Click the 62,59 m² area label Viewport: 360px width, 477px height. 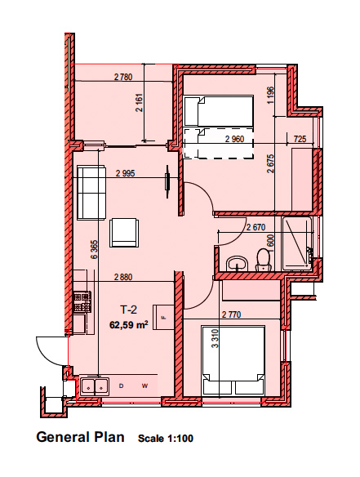point(129,324)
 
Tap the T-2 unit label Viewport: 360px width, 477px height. point(129,310)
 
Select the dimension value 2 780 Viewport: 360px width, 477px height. point(123,77)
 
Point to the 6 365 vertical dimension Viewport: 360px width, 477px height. point(95,249)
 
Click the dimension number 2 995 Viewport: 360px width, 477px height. point(125,173)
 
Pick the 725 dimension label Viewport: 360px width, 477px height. point(300,139)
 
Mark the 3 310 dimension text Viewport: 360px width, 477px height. point(216,338)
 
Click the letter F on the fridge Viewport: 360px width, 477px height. point(164,319)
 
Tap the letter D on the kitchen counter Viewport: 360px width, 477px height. point(122,386)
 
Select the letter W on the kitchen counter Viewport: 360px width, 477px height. point(144,386)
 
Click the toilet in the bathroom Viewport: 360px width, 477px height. point(264,260)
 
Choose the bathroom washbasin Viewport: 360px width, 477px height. point(238,264)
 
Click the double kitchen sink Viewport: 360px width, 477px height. point(94,386)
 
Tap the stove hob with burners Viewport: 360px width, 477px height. point(82,301)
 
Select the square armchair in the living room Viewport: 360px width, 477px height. point(124,233)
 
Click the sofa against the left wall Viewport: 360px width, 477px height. point(91,192)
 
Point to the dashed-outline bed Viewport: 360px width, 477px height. point(219,143)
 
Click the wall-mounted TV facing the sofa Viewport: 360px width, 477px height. point(167,181)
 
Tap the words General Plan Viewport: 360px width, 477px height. point(81,437)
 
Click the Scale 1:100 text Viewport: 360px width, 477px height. point(166,439)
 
